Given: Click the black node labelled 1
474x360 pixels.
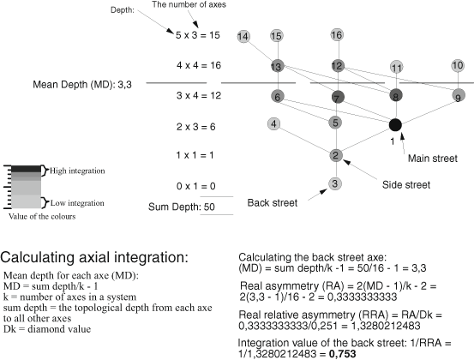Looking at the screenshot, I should [395, 125].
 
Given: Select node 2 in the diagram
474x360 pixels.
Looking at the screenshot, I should [336, 155].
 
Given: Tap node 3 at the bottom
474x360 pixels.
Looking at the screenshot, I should [335, 183].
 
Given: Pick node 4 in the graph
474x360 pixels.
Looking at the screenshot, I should [273, 123].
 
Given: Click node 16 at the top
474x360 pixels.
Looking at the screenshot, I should [337, 34].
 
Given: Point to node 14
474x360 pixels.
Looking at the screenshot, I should [244, 36].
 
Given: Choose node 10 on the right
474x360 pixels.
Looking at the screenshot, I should [458, 65].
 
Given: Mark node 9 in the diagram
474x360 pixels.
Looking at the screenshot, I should [459, 96].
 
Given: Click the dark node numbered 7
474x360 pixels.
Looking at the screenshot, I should [337, 96].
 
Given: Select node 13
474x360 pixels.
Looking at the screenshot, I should [276, 66].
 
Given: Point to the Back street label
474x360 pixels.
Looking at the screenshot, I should [273, 203].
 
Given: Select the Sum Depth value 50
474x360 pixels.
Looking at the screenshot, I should [208, 207].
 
